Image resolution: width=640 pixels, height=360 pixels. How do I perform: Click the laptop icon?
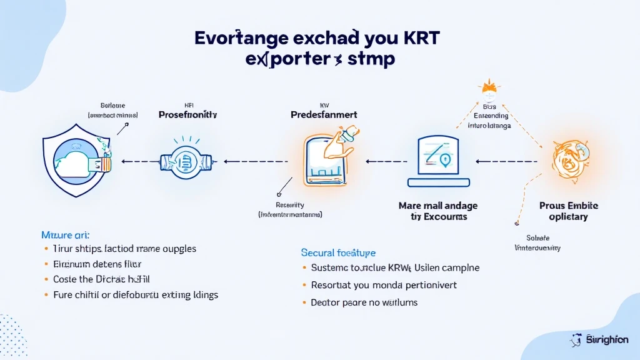pyautogui.click(x=439, y=161)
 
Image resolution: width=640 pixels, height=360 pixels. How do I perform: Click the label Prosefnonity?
pyautogui.click(x=187, y=115)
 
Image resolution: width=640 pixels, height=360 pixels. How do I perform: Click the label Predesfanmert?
pyautogui.click(x=324, y=115)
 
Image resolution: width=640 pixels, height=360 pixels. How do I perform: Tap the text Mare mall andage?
pyautogui.click(x=439, y=205)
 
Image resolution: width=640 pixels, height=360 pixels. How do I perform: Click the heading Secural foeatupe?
pyautogui.click(x=338, y=252)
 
